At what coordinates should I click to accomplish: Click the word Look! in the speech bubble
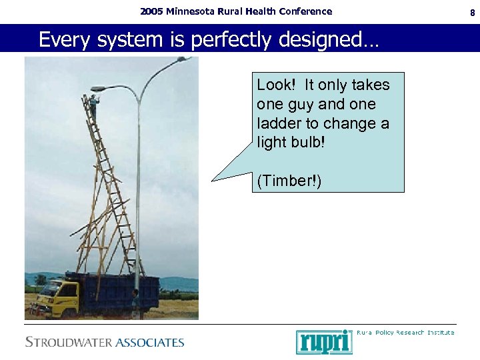click(x=276, y=85)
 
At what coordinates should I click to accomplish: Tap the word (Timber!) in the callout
click(x=289, y=181)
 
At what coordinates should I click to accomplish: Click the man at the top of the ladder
click(x=94, y=107)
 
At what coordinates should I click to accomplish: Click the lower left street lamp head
click(x=98, y=89)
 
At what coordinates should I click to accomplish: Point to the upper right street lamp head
click(x=184, y=59)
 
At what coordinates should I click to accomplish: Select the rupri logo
click(x=323, y=341)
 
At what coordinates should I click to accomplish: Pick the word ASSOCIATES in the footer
click(x=150, y=343)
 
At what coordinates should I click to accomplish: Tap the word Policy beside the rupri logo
click(x=380, y=332)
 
